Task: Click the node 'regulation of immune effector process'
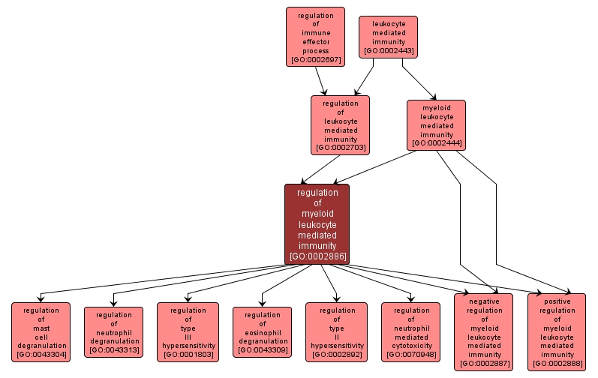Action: pos(315,37)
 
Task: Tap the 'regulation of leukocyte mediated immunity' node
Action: pos(340,124)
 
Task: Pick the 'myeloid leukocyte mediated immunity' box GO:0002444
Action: pos(436,124)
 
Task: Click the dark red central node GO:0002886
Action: pos(317,224)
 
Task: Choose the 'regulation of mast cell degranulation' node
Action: pos(41,331)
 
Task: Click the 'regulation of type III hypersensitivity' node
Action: pos(188,331)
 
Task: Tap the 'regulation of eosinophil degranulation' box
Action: pos(262,331)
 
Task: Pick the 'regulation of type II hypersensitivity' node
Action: pos(336,331)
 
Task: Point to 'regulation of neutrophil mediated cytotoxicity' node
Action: pos(410,331)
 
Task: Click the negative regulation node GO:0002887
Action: pos(484,331)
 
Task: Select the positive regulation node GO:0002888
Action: pos(557,331)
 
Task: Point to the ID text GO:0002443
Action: pos(388,51)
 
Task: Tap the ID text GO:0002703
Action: pos(340,148)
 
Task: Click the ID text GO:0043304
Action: pos(41,354)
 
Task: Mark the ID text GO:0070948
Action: pos(410,354)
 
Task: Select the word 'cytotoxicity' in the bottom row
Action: pos(410,346)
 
